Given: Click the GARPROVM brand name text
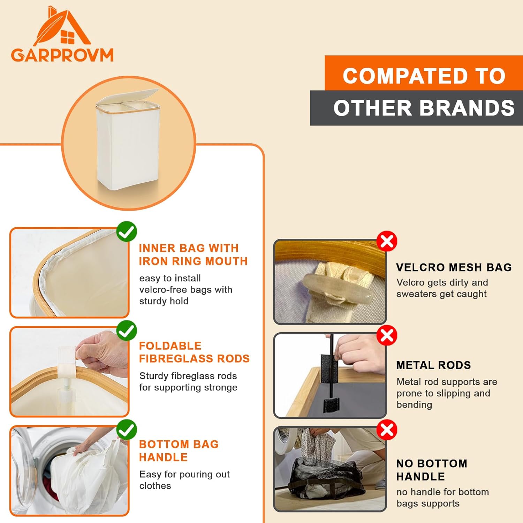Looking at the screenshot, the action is (x=62, y=55).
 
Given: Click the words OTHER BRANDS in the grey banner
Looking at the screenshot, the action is (x=424, y=108).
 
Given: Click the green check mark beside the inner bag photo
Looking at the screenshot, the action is (x=127, y=232).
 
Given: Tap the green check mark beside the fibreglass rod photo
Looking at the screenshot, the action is (x=127, y=331).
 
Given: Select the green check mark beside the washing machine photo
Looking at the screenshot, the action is (x=127, y=430).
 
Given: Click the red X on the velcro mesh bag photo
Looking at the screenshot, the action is (x=387, y=241).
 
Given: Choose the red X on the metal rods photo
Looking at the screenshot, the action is (x=387, y=335).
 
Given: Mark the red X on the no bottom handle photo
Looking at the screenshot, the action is (x=387, y=430).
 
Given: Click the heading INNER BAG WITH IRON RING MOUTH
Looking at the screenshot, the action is (x=193, y=255).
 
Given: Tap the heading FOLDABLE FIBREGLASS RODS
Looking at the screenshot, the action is (x=194, y=352).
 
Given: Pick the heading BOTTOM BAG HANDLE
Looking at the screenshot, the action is (x=179, y=450).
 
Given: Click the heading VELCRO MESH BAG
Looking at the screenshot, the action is (x=454, y=267).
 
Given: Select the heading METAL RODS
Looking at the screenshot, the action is (x=433, y=365).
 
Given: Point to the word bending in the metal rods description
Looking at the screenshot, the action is (x=414, y=405).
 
